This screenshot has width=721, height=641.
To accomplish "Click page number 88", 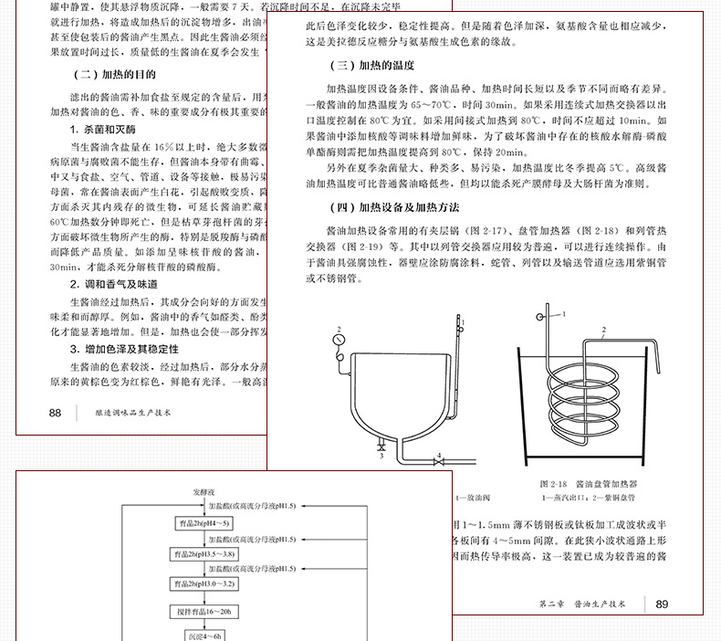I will pyautogui.click(x=55, y=413).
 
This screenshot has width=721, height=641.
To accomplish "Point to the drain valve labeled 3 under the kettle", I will pyautogui.click(x=381, y=447).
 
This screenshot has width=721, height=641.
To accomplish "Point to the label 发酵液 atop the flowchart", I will pyautogui.click(x=204, y=491).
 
